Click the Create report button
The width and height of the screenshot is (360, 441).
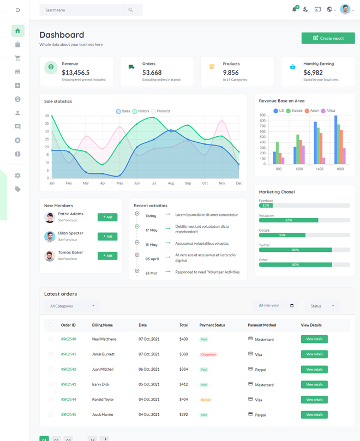click(328, 38)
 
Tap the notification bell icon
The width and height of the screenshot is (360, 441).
click(295, 9)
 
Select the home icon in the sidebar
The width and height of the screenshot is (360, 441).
click(17, 31)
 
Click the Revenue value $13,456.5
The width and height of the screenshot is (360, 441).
click(76, 73)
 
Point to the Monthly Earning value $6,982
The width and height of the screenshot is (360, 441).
click(313, 73)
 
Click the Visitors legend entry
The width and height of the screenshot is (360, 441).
click(140, 111)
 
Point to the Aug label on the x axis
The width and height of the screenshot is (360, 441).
click(171, 183)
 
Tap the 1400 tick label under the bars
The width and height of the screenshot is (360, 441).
click(319, 169)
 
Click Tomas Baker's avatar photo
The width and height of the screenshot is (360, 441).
click(50, 256)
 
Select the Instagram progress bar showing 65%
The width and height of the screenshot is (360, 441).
click(289, 220)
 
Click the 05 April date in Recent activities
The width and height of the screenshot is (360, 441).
click(152, 259)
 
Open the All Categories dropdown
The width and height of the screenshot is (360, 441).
click(72, 306)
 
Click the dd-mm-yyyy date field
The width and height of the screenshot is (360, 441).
click(275, 306)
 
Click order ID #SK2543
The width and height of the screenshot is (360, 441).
click(68, 384)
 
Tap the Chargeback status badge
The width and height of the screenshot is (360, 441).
click(208, 354)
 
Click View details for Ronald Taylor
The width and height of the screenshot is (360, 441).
click(314, 400)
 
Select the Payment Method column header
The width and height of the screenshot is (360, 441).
click(262, 325)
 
